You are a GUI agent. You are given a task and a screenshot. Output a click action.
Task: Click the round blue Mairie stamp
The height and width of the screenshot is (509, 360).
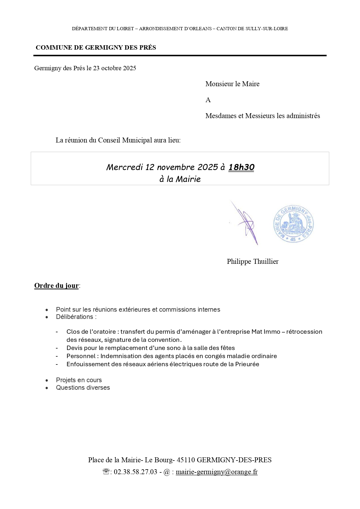[294, 224]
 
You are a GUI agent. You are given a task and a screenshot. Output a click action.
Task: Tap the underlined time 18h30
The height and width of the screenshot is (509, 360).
[241, 167]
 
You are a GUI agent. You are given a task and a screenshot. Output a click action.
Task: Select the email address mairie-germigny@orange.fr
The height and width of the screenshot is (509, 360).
[217, 472]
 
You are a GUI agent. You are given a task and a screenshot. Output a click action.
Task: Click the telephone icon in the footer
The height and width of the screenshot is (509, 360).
[106, 472]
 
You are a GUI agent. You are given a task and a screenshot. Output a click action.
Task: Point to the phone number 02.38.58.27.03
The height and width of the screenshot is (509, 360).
[135, 472]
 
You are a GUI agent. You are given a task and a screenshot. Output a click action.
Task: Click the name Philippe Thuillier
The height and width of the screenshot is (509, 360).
[253, 261]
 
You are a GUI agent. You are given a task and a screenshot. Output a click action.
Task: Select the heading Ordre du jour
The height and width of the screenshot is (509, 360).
[56, 286]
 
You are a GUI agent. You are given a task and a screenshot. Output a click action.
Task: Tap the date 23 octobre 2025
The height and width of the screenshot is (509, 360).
[115, 68]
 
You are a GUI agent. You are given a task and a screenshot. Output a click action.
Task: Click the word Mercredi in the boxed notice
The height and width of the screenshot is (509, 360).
[125, 167]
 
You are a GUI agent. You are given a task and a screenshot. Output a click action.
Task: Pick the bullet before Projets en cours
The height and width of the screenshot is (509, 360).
[47, 380]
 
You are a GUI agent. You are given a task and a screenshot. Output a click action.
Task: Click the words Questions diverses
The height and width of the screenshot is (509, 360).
[83, 388]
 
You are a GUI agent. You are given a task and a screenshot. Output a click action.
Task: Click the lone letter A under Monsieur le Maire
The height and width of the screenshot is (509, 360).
[208, 100]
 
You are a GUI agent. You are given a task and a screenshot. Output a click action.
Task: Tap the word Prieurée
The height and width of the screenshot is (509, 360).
[247, 364]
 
